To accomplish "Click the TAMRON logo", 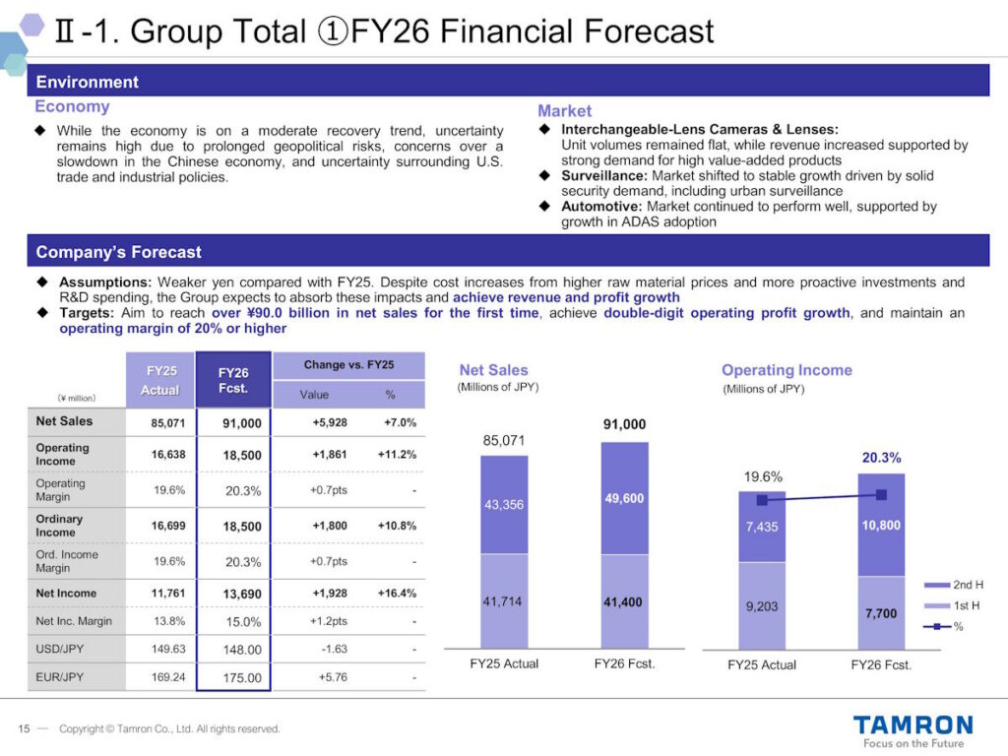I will pos(913,726).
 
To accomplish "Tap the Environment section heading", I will pos(88,82).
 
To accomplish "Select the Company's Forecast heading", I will pos(118,252).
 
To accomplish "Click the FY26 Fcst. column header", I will pos(232,380).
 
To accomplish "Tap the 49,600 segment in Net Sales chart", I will pos(624,498).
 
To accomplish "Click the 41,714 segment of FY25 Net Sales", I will pos(503,600).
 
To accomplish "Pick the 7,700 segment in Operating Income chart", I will pos(880,613).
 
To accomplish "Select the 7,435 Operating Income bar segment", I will pos(761,527).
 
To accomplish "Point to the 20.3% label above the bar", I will pos(881,458).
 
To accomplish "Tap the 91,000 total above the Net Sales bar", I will pos(624,424).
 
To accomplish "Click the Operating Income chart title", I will pos(787,370).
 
